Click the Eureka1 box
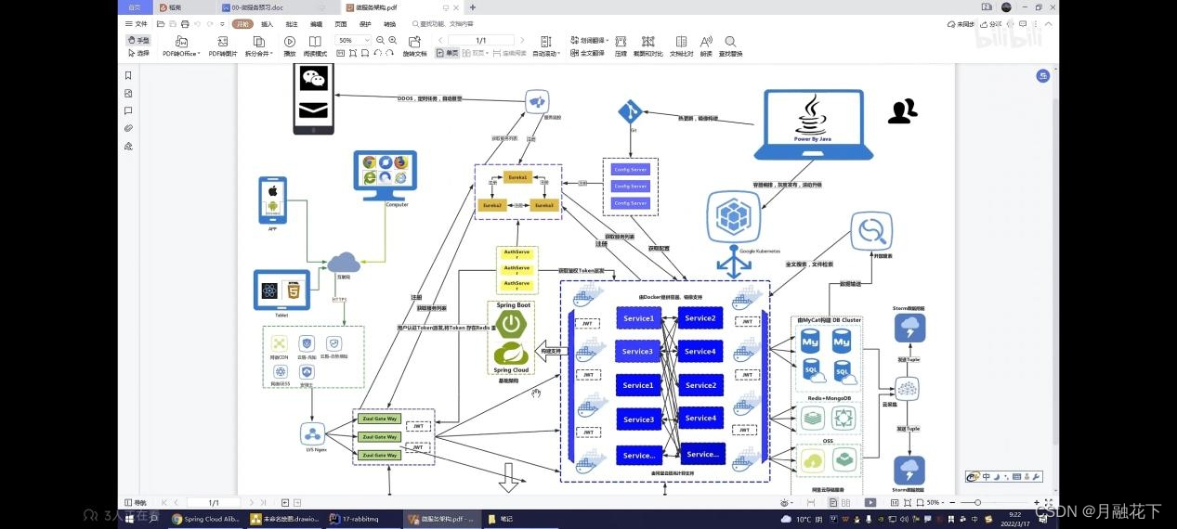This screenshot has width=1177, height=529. tap(517, 176)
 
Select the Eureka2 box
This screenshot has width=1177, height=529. tap(492, 205)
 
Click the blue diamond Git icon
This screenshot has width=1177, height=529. tap(631, 112)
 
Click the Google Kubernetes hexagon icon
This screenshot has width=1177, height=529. tap(734, 217)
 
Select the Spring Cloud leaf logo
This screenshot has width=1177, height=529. tap(511, 354)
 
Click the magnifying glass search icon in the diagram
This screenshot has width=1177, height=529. tap(871, 230)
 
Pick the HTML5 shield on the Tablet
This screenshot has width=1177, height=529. tap(293, 290)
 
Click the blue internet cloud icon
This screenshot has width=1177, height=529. tap(343, 263)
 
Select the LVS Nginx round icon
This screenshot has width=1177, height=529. tap(312, 433)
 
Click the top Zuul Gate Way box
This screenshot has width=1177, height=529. tap(379, 419)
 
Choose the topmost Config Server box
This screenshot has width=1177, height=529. tap(630, 170)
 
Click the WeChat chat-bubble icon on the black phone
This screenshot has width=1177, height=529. tap(314, 80)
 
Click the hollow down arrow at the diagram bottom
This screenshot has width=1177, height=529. tap(508, 477)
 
